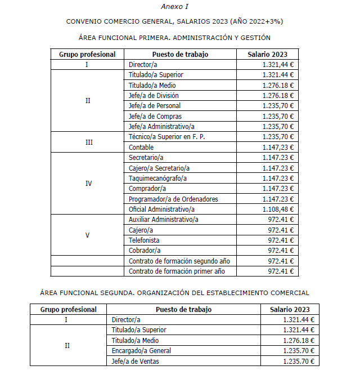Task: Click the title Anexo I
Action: point(174,7)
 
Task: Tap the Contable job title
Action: point(141,148)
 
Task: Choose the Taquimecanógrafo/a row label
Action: point(157,178)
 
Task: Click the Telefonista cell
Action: point(144,240)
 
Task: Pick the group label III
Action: point(88,142)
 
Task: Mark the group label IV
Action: point(88,184)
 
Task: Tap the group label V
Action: point(87,235)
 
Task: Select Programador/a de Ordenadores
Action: point(173,199)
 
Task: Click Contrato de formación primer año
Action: point(177,271)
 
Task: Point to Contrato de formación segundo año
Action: point(179,261)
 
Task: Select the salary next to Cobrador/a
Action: point(281,250)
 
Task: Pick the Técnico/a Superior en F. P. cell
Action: point(167,137)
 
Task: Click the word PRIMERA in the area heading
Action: point(150,38)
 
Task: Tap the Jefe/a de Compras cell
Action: point(155,116)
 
